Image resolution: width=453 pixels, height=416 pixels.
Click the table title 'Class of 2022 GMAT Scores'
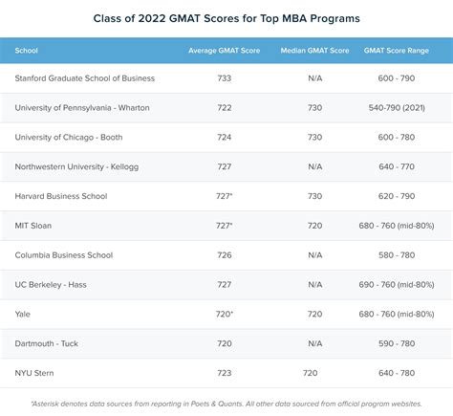click(226, 18)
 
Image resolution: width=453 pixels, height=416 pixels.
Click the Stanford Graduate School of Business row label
click(85, 77)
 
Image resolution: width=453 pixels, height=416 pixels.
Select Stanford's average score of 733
click(225, 77)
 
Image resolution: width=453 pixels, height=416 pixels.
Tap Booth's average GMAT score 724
click(225, 137)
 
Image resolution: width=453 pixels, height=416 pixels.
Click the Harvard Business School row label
click(61, 196)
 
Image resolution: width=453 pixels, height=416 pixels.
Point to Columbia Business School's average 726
click(225, 255)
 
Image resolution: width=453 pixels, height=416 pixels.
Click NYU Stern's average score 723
click(225, 373)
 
